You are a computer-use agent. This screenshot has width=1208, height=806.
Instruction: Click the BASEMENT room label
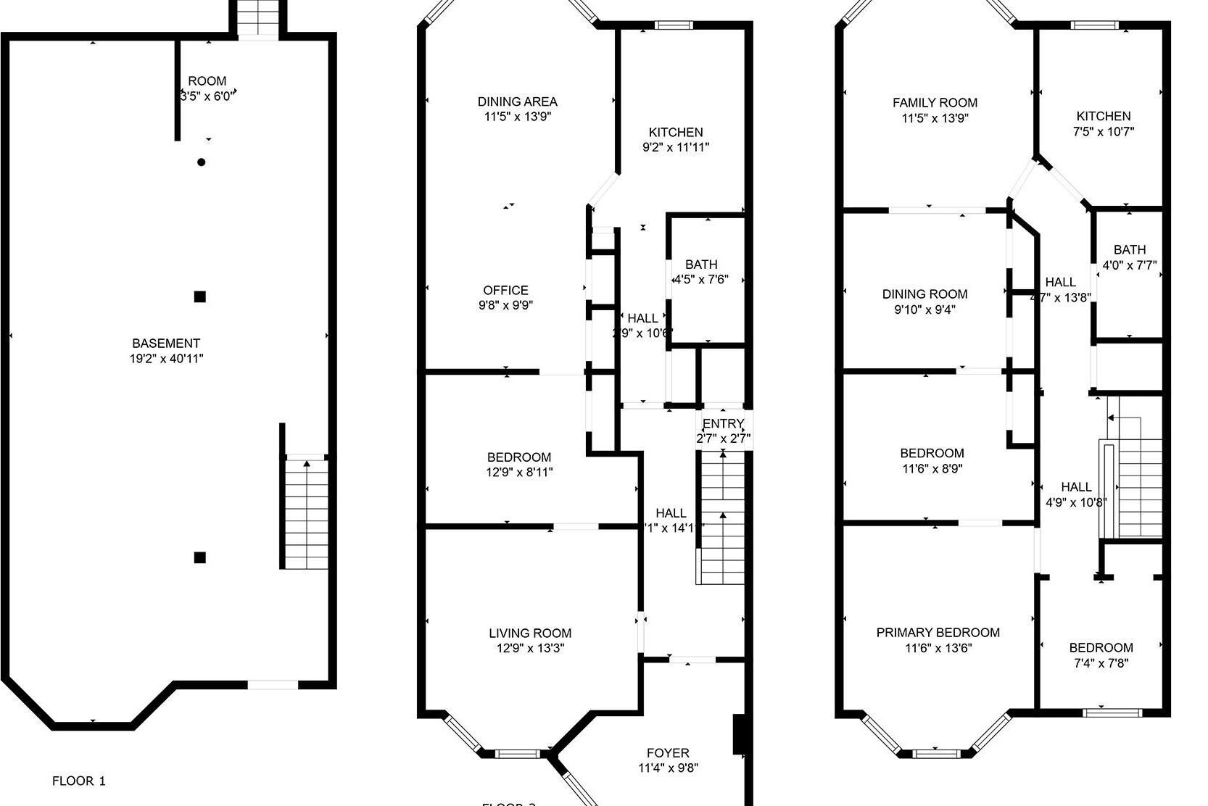[x=166, y=344]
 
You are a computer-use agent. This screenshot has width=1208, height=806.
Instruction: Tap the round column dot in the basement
[x=202, y=162]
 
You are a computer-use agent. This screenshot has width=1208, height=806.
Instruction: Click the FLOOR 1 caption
[x=78, y=781]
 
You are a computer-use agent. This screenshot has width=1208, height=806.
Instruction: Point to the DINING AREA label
[x=517, y=102]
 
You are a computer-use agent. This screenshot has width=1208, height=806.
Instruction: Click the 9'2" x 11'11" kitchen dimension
[x=675, y=147]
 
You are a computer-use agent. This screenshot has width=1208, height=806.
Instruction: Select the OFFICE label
[x=505, y=290]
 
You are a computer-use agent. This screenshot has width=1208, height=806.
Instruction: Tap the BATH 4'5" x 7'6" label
[x=700, y=265]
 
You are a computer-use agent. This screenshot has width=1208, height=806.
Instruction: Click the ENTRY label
[x=723, y=424]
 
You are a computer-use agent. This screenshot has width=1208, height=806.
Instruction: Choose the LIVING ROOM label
[x=529, y=633]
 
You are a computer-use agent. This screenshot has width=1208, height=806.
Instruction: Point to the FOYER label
[x=668, y=753]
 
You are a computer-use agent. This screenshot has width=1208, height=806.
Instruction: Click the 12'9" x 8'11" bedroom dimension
[x=519, y=472]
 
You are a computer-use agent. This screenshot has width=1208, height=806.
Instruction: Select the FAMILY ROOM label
[x=935, y=103]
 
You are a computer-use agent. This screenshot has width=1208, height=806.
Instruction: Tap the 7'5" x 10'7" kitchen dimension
[x=1103, y=131]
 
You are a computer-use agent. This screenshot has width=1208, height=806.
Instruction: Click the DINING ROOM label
[x=924, y=294]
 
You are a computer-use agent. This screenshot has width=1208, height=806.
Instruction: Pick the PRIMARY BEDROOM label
[x=938, y=633]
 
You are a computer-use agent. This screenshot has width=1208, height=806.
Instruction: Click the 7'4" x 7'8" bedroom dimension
[x=1101, y=662]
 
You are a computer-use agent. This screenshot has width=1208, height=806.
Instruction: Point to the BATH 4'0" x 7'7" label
[x=1130, y=250]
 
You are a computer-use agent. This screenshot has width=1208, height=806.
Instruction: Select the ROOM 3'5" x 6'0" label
[x=207, y=81]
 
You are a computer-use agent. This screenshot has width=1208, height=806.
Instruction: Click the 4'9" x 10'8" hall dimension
[x=1076, y=502]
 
